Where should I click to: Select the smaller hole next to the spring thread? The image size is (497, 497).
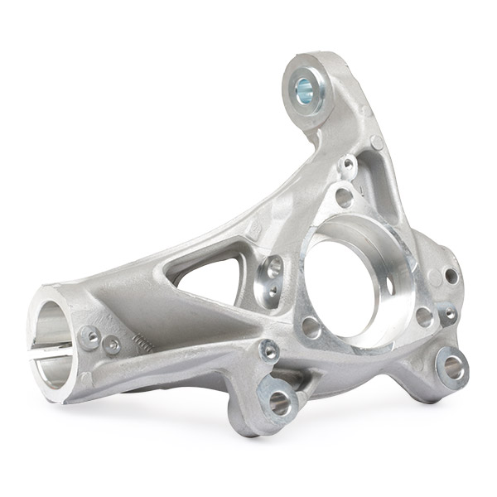pyautogui.click(x=112, y=345)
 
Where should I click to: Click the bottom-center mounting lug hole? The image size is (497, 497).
pyautogui.click(x=279, y=403)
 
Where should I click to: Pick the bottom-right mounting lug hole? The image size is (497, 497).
pyautogui.click(x=453, y=366)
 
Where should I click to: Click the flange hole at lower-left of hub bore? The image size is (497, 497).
pyautogui.click(x=311, y=327)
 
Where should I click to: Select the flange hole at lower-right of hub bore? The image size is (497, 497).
pyautogui.click(x=424, y=316)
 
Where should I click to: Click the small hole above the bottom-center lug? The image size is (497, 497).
pyautogui.click(x=269, y=350)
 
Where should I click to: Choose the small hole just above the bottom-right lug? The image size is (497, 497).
pyautogui.click(x=448, y=315)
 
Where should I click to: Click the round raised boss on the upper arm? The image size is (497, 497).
pyautogui.click(x=377, y=142)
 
